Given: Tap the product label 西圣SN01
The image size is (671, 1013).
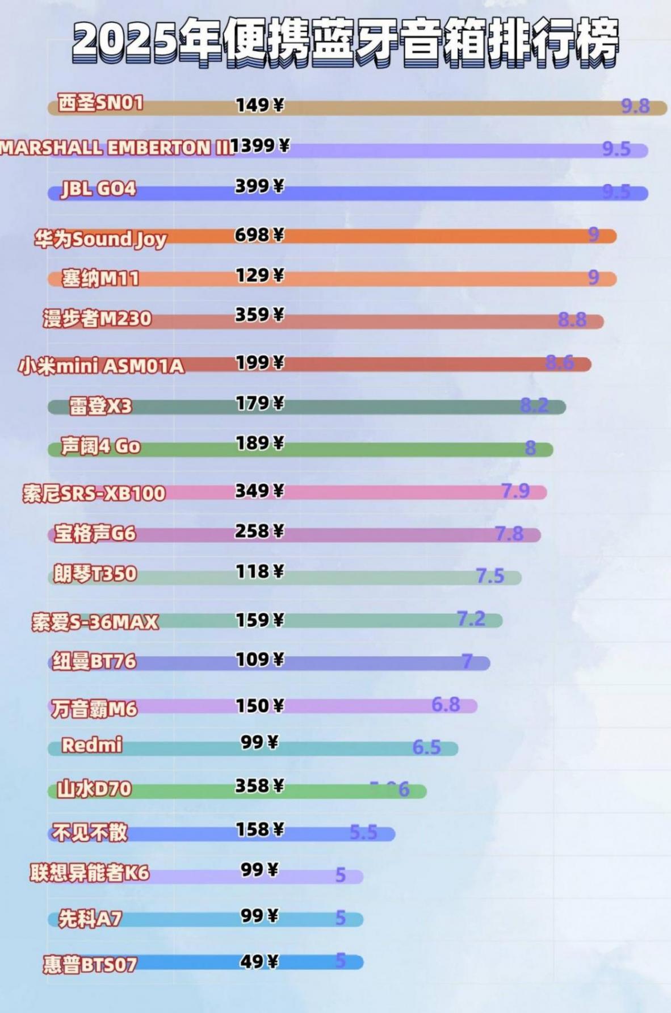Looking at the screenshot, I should pos(100,103).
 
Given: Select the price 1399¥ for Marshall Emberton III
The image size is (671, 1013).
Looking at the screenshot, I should pos(260,146).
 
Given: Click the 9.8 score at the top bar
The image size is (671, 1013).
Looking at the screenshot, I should pos(635,106).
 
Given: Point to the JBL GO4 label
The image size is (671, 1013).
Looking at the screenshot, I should pos(99,189).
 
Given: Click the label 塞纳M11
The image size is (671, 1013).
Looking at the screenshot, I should pos(100,278).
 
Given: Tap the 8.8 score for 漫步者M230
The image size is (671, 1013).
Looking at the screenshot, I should pos(572,320).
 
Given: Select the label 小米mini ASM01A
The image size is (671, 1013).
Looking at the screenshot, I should pos(101,366).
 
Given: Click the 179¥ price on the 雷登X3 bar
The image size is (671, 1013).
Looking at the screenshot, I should pos(259,403).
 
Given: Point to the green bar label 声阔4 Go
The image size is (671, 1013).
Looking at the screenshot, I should pos(100,446).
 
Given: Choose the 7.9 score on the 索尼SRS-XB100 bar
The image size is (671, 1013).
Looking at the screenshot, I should pos(515,490).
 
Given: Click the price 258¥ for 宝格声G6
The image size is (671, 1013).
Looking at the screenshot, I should pos(259,531).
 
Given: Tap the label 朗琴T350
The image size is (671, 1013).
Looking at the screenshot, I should pos(95,574).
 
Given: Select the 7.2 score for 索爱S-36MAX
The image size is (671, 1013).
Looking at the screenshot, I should pos(471,618).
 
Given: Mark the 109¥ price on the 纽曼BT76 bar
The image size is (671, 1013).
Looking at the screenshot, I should pos(259,660).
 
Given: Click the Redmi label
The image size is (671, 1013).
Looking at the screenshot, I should pos(91,745).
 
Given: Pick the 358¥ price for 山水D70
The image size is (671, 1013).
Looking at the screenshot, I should pos(259,786).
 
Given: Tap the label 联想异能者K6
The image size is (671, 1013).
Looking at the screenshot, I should pos(90,873).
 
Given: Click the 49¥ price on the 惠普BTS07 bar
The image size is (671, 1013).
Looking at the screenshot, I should pos(259,961).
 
